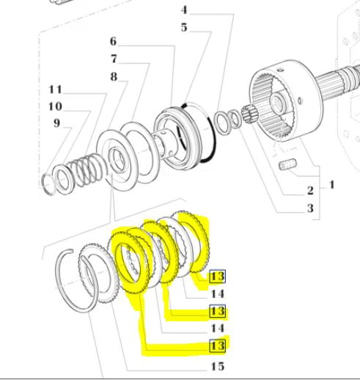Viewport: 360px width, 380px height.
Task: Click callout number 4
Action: [185, 10]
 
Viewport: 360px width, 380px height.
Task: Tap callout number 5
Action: [184, 27]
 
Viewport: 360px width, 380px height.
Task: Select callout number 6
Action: [113, 41]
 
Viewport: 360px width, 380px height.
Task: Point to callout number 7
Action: [114, 59]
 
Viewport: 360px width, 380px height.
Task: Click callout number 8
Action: [114, 76]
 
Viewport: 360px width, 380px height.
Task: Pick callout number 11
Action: [56, 89]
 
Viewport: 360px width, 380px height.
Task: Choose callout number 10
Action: [56, 106]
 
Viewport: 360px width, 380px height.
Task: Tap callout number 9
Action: [56, 123]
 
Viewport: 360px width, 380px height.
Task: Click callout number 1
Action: [331, 185]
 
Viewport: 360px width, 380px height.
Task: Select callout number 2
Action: [310, 191]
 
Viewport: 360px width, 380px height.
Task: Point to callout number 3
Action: [310, 208]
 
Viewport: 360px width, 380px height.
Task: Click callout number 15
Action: [218, 366]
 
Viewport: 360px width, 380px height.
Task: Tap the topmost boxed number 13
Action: [217, 277]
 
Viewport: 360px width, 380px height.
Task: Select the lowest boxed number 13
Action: [217, 346]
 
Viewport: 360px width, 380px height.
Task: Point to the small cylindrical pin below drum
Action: [287, 164]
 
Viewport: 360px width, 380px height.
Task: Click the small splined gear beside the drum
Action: [249, 114]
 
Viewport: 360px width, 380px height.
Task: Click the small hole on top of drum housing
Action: [280, 70]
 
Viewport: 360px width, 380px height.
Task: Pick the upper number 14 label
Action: [218, 293]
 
